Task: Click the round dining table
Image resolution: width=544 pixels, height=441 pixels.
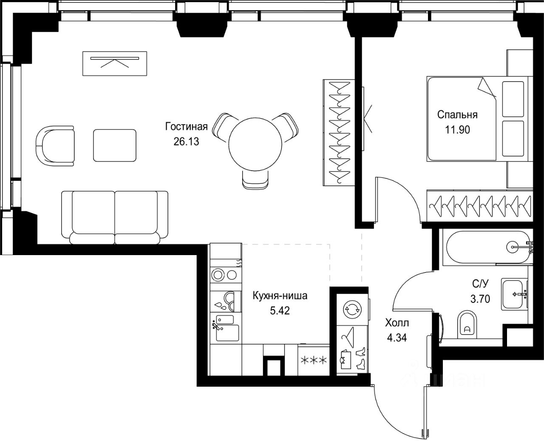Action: point(255,144)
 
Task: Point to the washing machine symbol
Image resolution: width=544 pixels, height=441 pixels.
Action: point(352,309)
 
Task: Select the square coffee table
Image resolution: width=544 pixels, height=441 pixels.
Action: point(115,146)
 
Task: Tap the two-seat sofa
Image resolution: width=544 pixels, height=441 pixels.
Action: point(115,218)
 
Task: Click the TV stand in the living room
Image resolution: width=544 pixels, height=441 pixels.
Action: point(115,64)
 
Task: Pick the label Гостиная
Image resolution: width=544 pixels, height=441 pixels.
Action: point(187,126)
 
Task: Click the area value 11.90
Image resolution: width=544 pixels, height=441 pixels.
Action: point(457,129)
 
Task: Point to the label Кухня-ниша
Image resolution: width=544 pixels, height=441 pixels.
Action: point(280,296)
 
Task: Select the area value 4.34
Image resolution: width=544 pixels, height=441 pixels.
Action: point(397,338)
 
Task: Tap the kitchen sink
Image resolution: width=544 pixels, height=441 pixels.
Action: point(226,328)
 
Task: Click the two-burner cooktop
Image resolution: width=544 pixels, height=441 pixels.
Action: point(226,275)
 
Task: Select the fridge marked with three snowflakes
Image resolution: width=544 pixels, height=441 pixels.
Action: point(314,360)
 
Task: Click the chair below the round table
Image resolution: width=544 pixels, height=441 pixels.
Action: point(255,180)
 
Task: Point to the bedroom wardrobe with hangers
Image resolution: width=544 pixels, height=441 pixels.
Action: point(480,206)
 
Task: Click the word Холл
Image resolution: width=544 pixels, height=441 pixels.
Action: point(397,323)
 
